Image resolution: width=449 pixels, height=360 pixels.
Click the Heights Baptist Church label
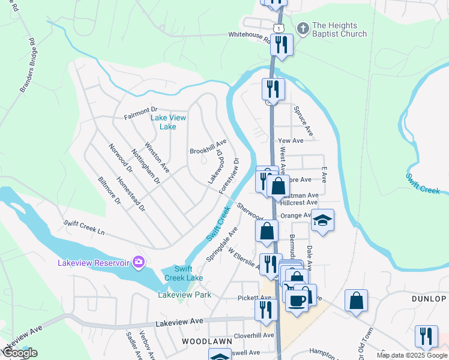pyautogui.click(x=339, y=30)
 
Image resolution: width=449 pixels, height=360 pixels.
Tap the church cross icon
pyautogui.click(x=303, y=29)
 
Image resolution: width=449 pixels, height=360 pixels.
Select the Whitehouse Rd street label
pyautogui.click(x=249, y=35)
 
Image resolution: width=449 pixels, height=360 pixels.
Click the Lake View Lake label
pyautogui.click(x=168, y=122)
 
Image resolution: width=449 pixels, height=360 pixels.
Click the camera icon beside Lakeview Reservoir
pyautogui.click(x=139, y=262)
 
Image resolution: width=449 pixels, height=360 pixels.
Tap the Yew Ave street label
pyautogui.click(x=291, y=140)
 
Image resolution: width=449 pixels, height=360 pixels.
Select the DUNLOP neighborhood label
pyautogui.click(x=429, y=298)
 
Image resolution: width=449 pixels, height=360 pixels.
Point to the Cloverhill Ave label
pyautogui.click(x=254, y=335)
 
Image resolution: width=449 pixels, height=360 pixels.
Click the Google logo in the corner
pyautogui.click(x=19, y=353)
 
